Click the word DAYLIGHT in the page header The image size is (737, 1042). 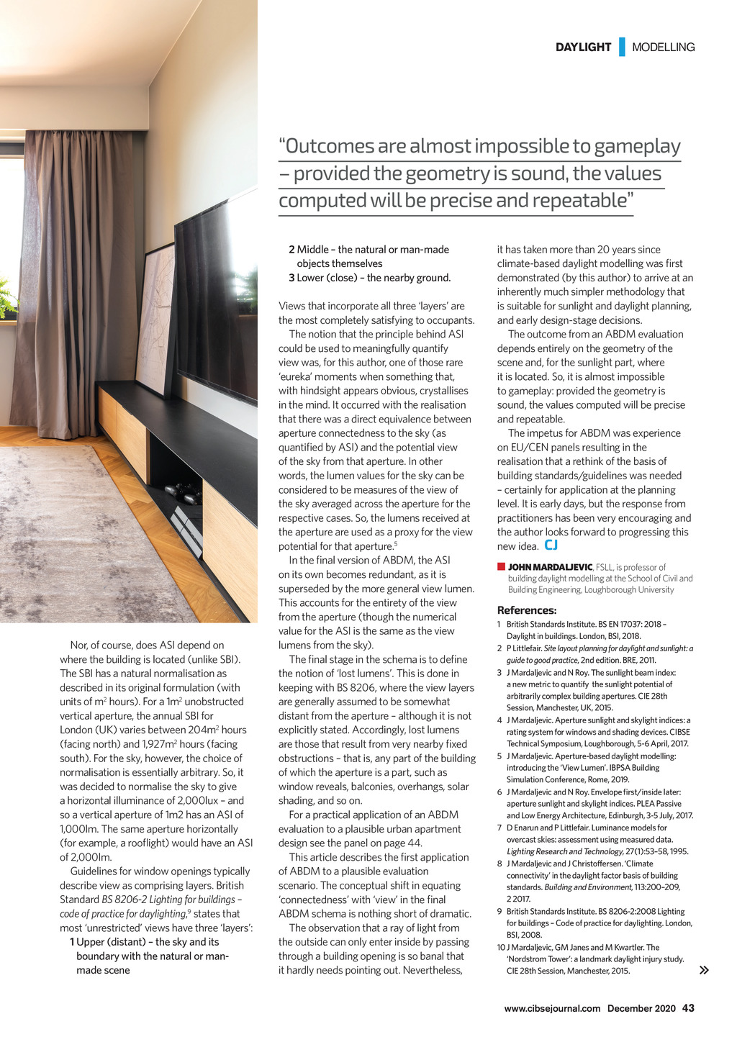583,47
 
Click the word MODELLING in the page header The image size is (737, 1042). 663,47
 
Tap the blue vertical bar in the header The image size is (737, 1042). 622,47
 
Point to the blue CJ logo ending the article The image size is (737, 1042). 551,545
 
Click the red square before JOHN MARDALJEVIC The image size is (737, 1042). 501,567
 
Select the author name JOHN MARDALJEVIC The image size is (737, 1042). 551,567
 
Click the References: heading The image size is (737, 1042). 527,610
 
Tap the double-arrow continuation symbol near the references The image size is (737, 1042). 704,970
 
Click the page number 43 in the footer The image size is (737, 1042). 688,1008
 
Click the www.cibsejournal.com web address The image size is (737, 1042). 552,1008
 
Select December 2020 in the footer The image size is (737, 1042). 641,1008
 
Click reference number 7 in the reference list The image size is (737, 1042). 499,828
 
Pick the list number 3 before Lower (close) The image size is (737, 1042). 291,278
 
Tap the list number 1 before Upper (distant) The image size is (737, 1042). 72,942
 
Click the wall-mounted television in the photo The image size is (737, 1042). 216,302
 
